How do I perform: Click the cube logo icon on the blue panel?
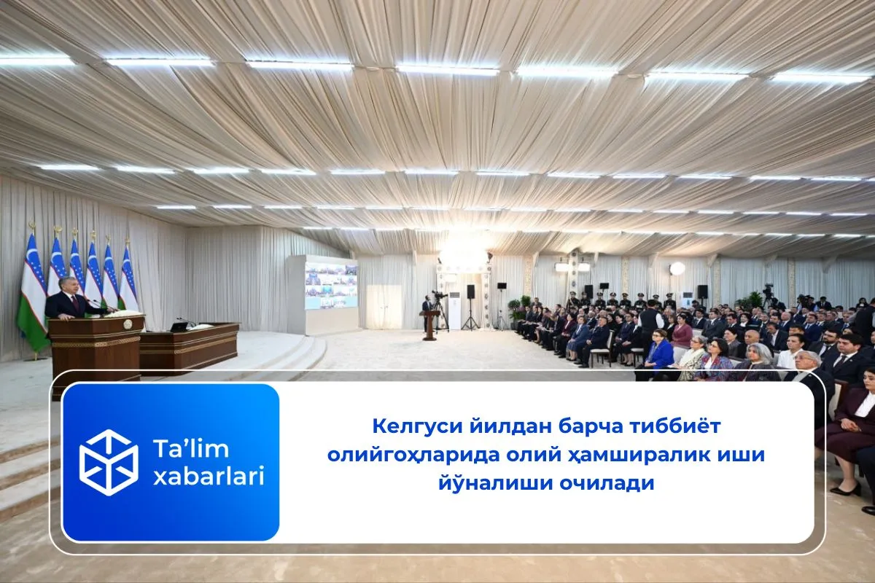tap(109, 462)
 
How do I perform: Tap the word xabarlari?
tap(209, 476)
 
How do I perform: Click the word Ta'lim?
tap(191, 448)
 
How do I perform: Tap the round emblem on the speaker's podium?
tap(128, 324)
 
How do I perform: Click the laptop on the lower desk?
tap(178, 326)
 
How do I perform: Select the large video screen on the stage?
tap(331, 286)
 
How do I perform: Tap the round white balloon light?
tap(677, 269)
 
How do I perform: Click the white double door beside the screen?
tap(384, 307)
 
